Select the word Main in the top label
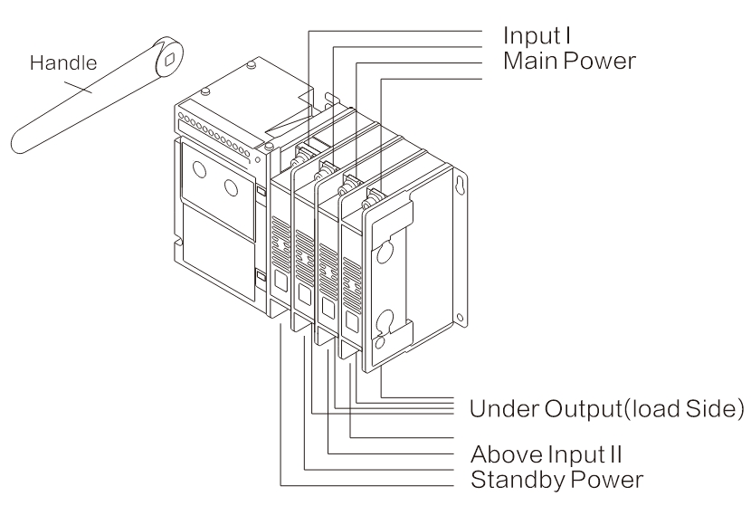coord(529,62)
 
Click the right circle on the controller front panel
coord(233,187)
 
